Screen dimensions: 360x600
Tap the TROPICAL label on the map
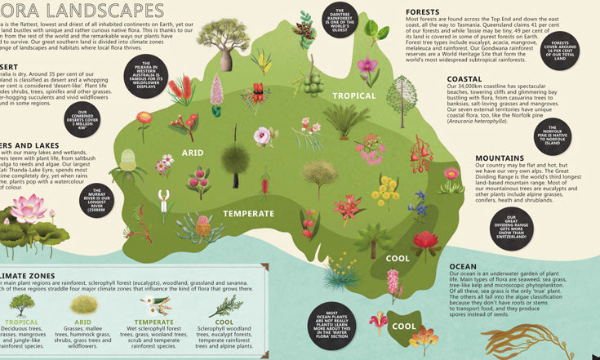point(353,96)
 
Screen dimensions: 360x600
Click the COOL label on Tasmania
point(403,326)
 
